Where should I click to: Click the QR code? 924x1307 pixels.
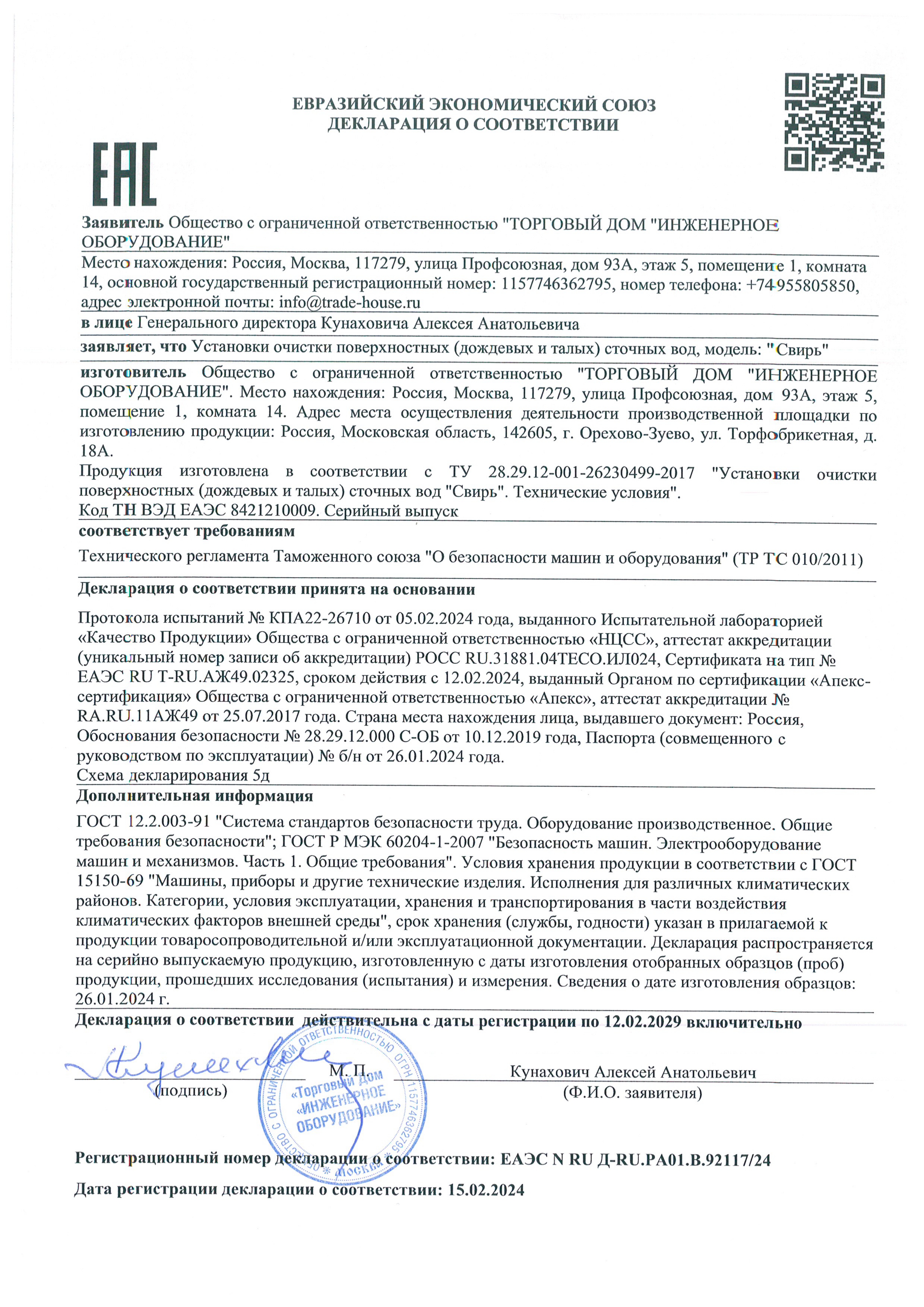(834, 122)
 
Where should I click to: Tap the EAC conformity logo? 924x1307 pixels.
(125, 174)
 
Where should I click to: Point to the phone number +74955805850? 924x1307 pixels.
(801, 285)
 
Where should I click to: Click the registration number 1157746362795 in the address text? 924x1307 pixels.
(556, 284)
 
